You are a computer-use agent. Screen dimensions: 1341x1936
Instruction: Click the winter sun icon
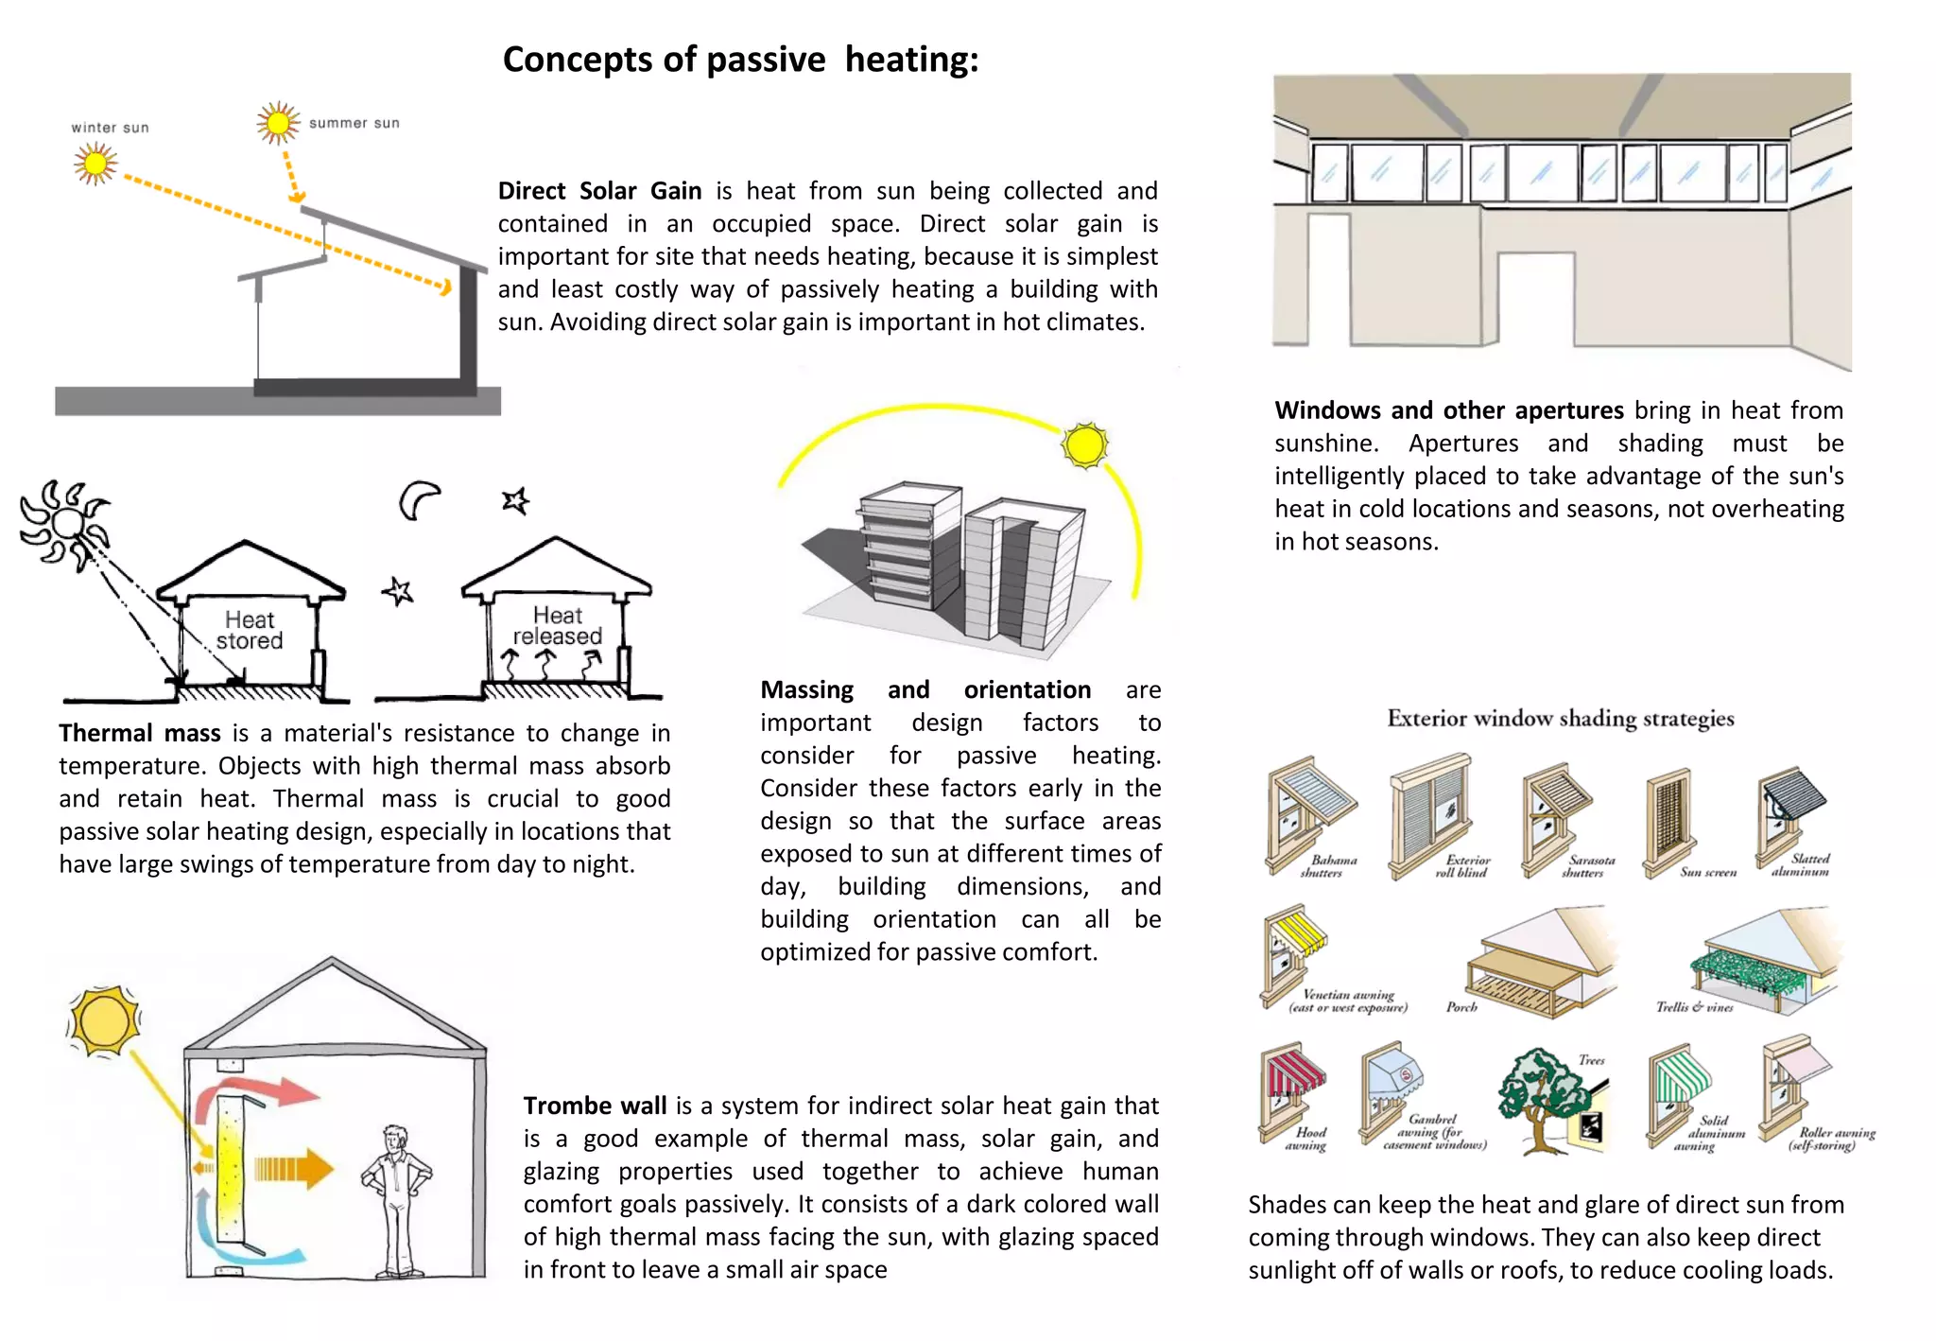tap(95, 165)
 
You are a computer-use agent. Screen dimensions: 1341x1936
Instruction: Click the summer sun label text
tap(354, 123)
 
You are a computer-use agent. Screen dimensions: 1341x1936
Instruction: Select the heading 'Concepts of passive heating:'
tap(740, 60)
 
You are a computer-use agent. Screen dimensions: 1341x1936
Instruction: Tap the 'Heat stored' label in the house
tap(250, 631)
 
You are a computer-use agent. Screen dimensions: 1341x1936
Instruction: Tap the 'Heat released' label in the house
tap(557, 626)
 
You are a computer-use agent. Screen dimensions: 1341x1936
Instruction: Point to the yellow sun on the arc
tap(1084, 445)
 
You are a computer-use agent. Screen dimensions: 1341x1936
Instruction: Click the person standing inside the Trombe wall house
tap(395, 1200)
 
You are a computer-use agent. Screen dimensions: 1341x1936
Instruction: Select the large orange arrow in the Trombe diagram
tap(294, 1170)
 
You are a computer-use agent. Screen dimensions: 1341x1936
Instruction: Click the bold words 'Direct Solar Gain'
tap(599, 191)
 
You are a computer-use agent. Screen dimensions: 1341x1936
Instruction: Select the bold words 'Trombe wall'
tap(595, 1106)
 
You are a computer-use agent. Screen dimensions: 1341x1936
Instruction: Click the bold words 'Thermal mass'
tap(140, 733)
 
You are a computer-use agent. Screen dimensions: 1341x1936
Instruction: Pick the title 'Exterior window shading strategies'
tap(1560, 719)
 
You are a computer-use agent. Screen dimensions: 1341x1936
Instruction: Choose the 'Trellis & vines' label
tap(1694, 1007)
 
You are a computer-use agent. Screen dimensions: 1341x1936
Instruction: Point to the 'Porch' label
tap(1461, 1007)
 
